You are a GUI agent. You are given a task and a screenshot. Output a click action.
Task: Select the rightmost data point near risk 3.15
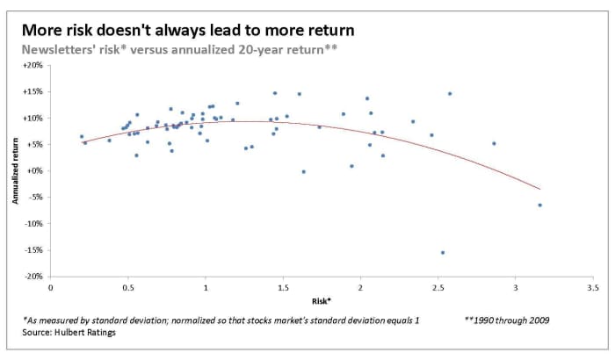click(539, 205)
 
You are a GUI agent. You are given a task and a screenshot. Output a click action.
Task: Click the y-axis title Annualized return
click(15, 171)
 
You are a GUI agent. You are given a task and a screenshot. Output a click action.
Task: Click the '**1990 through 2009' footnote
click(505, 321)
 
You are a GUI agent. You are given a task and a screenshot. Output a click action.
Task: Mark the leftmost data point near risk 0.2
click(82, 136)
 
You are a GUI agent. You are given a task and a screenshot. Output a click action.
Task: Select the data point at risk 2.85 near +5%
click(494, 143)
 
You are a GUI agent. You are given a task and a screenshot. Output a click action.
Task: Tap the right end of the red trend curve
click(539, 189)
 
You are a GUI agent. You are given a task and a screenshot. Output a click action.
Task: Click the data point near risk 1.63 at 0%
click(303, 171)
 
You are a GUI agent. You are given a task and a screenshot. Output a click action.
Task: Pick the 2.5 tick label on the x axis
click(438, 288)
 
